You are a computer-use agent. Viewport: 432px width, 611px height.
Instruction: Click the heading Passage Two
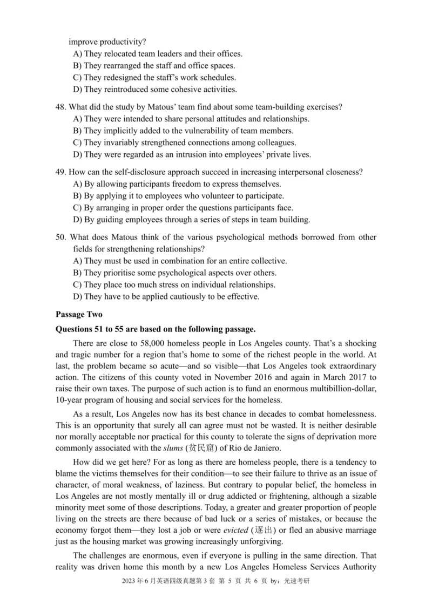(76, 314)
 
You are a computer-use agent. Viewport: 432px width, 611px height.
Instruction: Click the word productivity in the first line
(121, 42)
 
